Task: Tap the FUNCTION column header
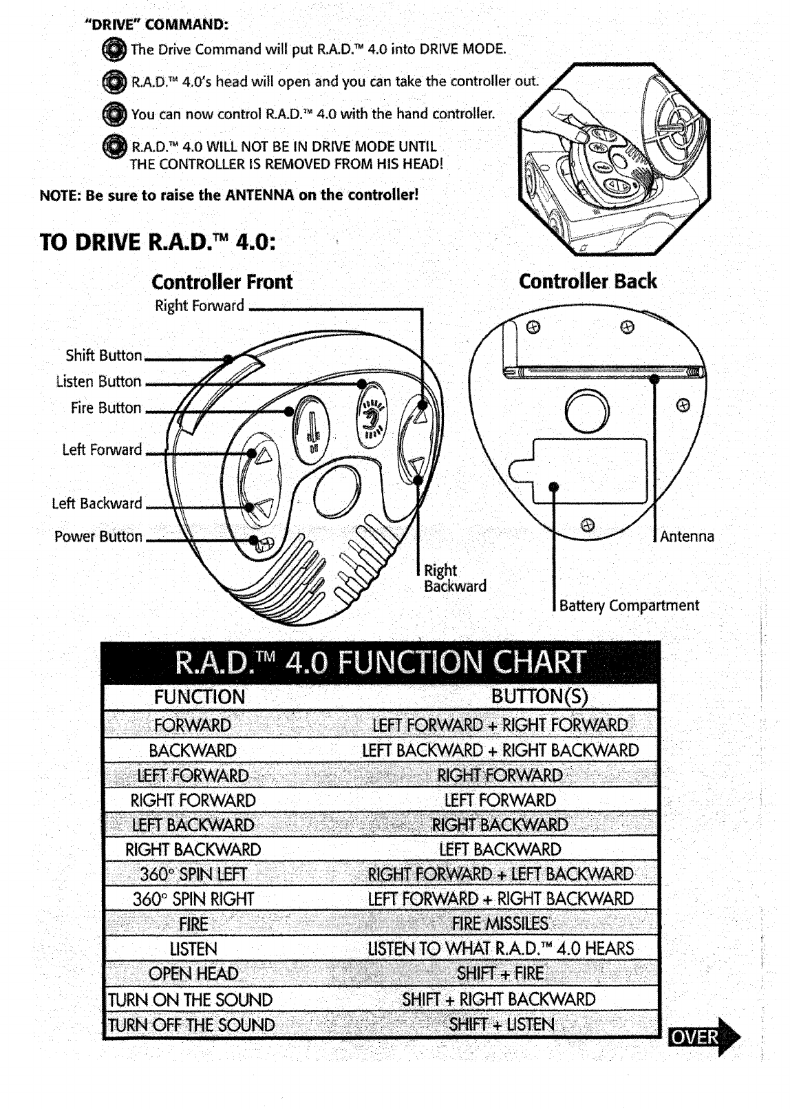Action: [200, 697]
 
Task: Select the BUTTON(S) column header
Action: [540, 697]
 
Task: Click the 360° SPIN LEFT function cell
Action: [193, 874]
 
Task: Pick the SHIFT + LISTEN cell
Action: [501, 1024]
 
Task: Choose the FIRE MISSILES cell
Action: [500, 924]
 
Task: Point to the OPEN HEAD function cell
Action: [193, 974]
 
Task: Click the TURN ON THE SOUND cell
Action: [191, 1000]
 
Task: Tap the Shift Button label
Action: [104, 356]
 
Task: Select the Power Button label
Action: [98, 537]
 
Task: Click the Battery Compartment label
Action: [629, 606]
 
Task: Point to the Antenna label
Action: [687, 536]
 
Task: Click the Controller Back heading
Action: [588, 282]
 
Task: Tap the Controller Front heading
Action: [222, 282]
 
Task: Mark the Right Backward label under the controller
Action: [455, 578]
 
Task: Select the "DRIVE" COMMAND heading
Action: [156, 25]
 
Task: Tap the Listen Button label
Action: [98, 381]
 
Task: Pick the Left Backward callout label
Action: [97, 503]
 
